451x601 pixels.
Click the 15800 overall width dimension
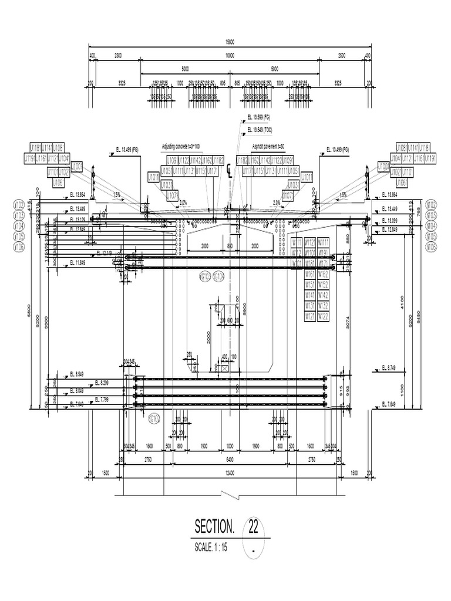[x=229, y=42]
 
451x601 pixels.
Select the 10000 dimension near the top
[x=229, y=55]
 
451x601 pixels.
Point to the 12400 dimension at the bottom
[x=229, y=473]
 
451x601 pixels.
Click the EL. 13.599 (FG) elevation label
[x=258, y=118]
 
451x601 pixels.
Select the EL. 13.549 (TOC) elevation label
[x=260, y=129]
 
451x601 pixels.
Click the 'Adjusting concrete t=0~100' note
[x=181, y=146]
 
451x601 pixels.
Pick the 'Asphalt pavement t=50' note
[x=268, y=146]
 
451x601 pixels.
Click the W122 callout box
[x=323, y=316]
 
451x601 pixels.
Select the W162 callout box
[x=323, y=274]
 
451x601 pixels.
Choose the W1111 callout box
[x=323, y=242]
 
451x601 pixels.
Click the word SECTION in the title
[x=214, y=526]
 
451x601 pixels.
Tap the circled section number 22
[x=253, y=525]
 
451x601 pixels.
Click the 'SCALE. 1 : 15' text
[x=210, y=548]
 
